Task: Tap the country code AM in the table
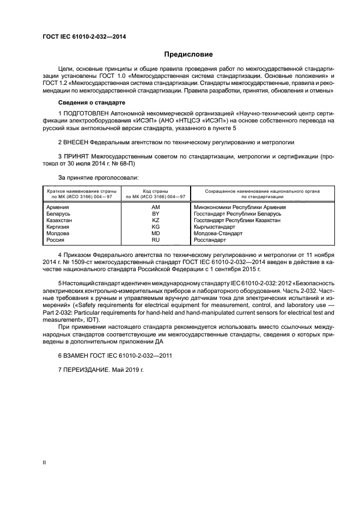pyautogui.click(x=155, y=207)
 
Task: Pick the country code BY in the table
pyautogui.click(x=155, y=213)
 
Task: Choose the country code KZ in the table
pyautogui.click(x=155, y=220)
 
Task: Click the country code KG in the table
pyautogui.click(x=155, y=226)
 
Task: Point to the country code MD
pyautogui.click(x=155, y=233)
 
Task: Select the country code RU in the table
pyautogui.click(x=155, y=240)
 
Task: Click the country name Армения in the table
pyautogui.click(x=58, y=207)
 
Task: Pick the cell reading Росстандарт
pyautogui.click(x=224, y=240)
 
